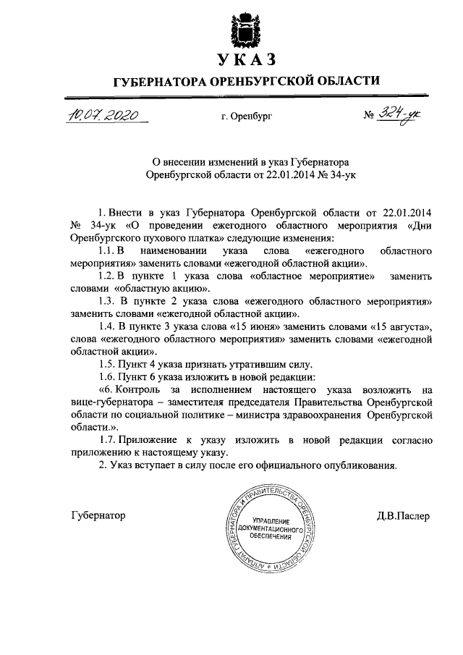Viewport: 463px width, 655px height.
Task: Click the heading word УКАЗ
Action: [245, 59]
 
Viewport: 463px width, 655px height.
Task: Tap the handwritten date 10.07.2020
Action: [104, 116]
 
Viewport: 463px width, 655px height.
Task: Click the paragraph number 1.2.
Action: [107, 276]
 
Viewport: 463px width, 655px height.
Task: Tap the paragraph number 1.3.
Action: [107, 302]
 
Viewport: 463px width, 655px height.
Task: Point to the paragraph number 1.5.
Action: [107, 364]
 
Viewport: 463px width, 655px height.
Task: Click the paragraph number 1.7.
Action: [107, 441]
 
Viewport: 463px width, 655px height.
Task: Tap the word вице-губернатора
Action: [106, 402]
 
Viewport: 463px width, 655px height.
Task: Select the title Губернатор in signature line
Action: [99, 515]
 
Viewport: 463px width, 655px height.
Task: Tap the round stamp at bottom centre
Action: [266, 532]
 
